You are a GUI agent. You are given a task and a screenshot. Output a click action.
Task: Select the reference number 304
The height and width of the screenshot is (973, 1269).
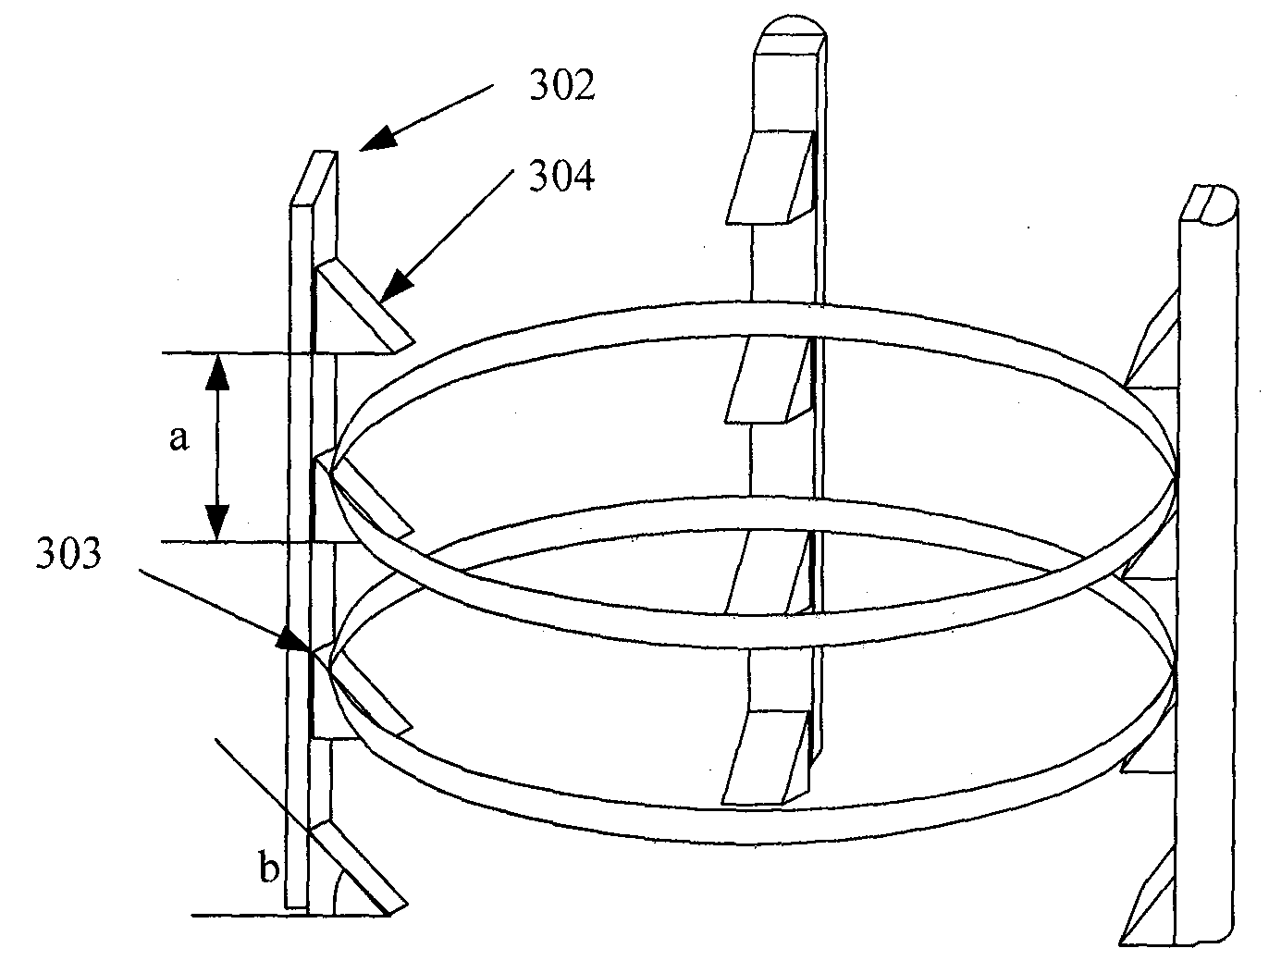tap(561, 176)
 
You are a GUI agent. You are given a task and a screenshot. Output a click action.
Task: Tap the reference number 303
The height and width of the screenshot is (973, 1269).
tap(69, 553)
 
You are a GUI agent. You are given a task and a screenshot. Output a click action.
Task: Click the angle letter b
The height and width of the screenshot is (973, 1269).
tap(269, 868)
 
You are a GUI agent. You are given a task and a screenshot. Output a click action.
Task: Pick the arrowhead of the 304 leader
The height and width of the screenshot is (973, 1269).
tap(395, 286)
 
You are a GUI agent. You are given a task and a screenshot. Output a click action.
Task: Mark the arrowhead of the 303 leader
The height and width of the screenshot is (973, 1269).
tap(292, 638)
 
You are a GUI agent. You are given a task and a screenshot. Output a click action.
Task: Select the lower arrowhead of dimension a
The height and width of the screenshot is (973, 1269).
tap(218, 523)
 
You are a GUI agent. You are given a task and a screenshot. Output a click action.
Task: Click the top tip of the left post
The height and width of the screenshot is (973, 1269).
tap(325, 153)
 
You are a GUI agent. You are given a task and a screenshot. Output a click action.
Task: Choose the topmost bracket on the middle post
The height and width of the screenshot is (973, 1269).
tap(770, 178)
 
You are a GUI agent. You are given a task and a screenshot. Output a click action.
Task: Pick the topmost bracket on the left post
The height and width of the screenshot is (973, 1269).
tap(365, 305)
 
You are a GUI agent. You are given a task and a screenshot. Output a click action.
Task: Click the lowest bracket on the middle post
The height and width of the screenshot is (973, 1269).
tap(766, 757)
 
